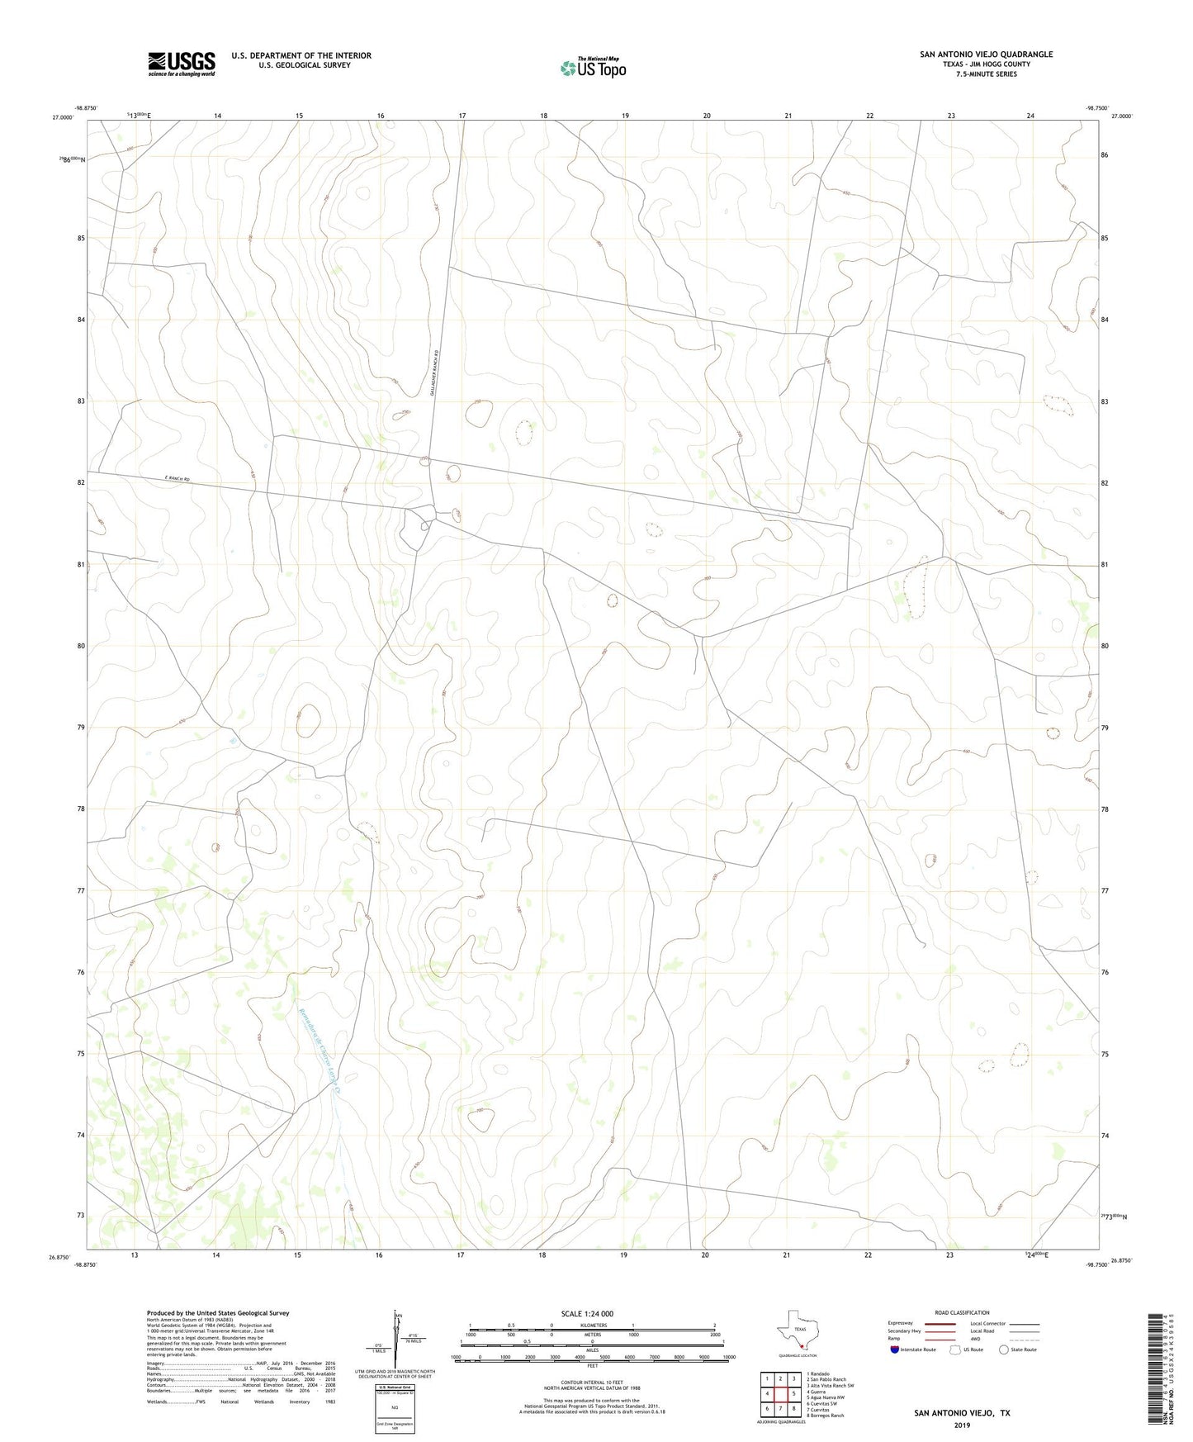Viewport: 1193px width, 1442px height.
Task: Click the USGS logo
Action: point(182,63)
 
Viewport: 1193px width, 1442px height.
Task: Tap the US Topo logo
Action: point(593,68)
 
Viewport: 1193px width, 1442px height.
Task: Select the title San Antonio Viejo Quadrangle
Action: point(986,55)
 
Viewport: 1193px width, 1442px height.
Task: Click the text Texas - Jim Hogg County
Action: point(986,64)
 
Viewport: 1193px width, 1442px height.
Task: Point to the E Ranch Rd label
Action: point(177,479)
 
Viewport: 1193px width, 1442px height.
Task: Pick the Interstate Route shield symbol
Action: point(895,1350)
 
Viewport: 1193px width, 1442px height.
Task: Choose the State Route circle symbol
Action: point(1003,1350)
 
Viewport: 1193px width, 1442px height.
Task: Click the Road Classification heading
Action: point(962,1312)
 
